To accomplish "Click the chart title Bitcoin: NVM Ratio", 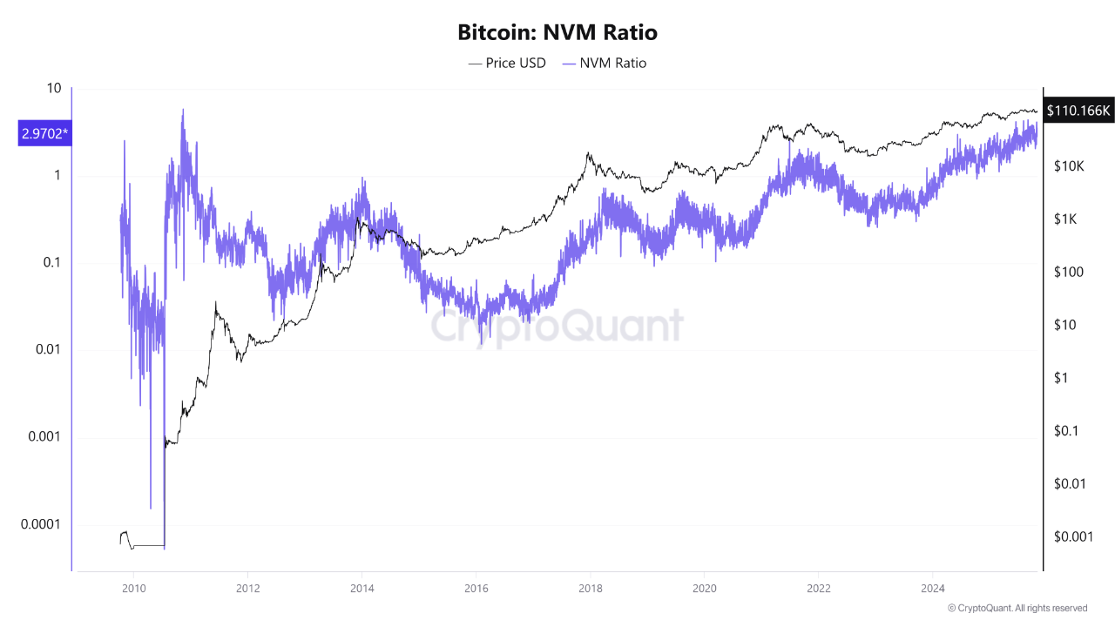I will tap(557, 33).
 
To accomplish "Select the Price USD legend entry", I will tap(507, 63).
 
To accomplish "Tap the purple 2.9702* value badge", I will tap(44, 134).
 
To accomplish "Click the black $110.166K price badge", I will tap(1078, 111).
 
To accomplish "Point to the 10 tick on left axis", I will tap(53, 89).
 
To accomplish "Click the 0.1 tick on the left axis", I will tap(50, 262).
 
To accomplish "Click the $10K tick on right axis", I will tap(1067, 165).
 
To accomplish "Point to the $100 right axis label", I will tap(1067, 272).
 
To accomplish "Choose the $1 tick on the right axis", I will tap(1060, 378).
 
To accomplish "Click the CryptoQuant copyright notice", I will tap(1017, 608).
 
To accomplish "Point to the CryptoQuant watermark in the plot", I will tap(557, 327).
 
